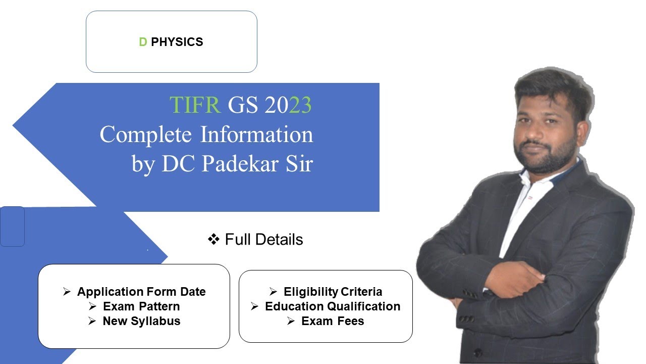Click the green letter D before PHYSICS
point(143,42)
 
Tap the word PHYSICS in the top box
point(177,42)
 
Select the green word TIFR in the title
point(195,105)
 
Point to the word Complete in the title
point(146,135)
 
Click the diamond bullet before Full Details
point(213,239)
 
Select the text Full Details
point(264,239)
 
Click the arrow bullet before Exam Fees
point(291,321)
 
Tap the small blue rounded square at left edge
point(12,226)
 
